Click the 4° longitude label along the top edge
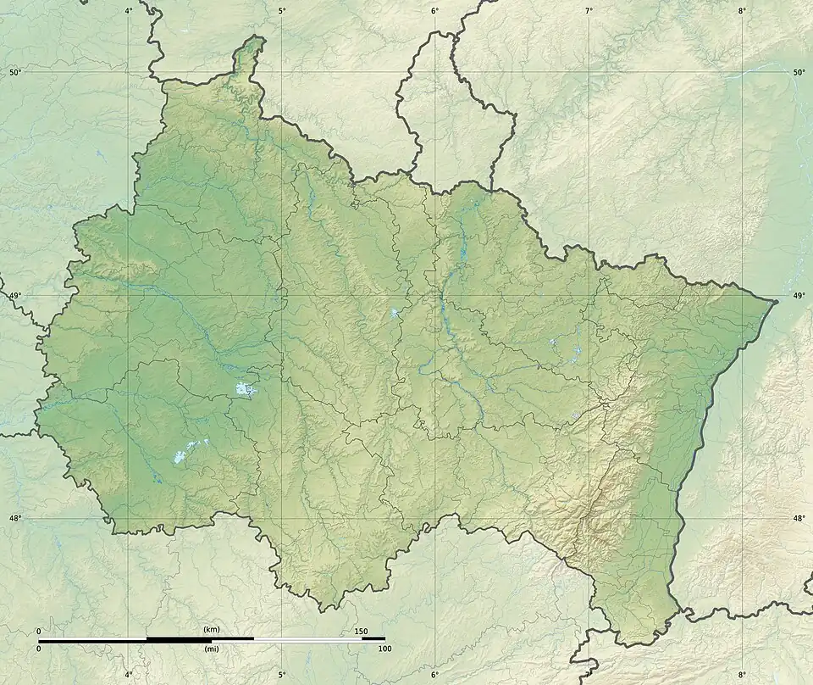coord(129,11)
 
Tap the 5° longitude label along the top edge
coord(282,11)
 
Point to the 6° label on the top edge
coord(435,11)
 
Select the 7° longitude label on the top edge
coord(589,11)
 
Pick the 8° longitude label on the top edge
coord(742,11)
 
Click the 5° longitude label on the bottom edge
coord(282,675)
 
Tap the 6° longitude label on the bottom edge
coord(435,675)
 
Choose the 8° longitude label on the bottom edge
coord(742,675)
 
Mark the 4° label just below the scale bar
coord(129,675)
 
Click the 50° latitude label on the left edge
coord(14,73)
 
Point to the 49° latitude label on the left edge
coord(14,296)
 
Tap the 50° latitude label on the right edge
coord(799,73)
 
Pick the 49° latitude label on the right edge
coord(799,296)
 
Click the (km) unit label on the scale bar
coord(211,630)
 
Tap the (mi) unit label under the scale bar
coord(211,649)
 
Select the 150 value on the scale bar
coord(361,631)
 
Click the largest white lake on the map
coord(246,390)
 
